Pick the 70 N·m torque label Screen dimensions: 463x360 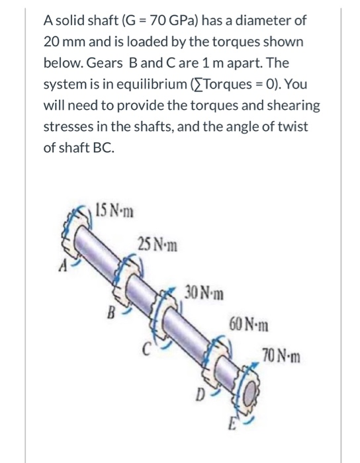pos(281,358)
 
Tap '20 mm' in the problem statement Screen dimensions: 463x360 pos(64,42)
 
